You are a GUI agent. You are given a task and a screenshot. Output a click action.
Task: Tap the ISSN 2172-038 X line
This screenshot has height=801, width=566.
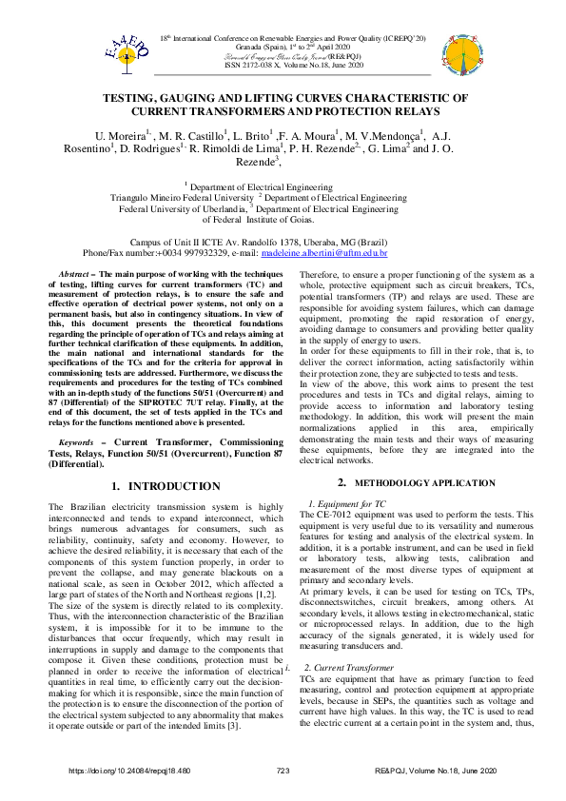pyautogui.click(x=282, y=64)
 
